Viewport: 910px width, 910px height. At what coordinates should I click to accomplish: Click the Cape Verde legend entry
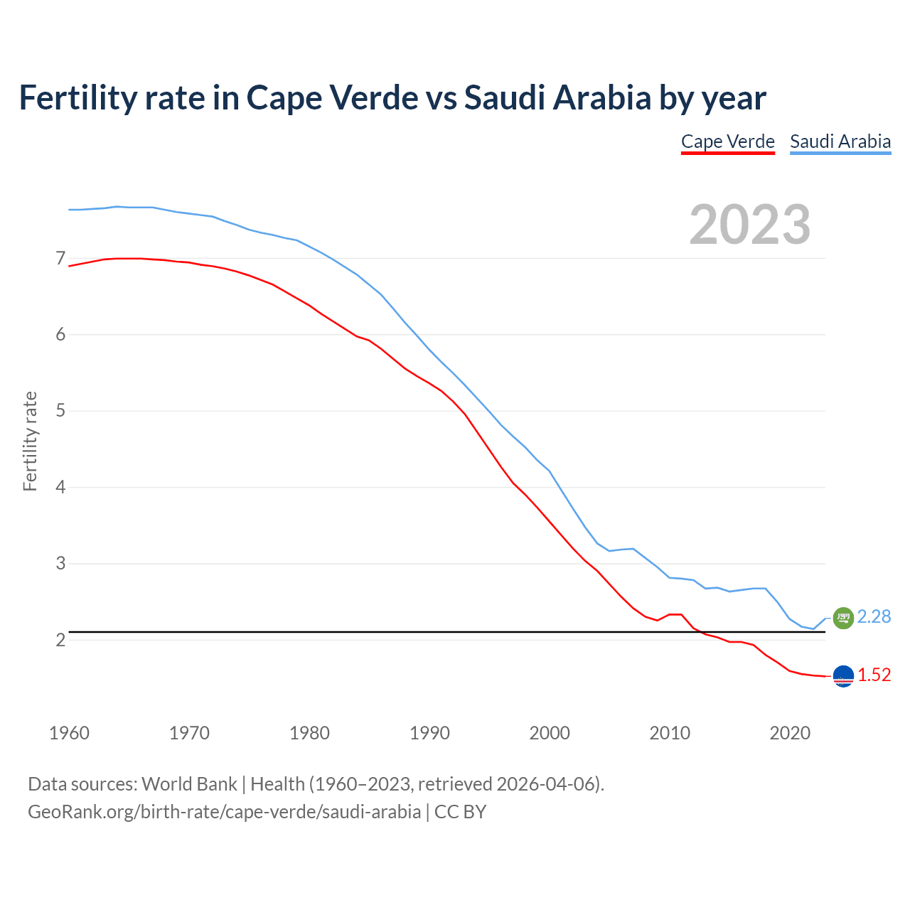point(727,141)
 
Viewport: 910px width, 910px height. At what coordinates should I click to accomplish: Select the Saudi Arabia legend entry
point(840,141)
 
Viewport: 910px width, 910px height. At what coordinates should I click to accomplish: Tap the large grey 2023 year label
point(749,225)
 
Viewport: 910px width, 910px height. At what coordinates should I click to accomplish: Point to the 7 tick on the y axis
point(60,258)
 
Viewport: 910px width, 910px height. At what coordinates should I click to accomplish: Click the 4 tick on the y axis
point(60,487)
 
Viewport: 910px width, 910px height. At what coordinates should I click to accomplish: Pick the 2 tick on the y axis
point(60,640)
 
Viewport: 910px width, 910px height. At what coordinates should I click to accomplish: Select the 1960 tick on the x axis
point(69,733)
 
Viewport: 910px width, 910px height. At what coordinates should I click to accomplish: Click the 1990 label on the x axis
point(429,733)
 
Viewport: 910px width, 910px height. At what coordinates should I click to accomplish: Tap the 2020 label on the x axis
point(790,733)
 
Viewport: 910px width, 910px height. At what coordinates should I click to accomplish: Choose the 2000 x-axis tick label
point(550,733)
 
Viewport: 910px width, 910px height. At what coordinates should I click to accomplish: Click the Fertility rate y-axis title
point(30,441)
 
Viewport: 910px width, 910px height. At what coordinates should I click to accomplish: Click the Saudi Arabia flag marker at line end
point(842,618)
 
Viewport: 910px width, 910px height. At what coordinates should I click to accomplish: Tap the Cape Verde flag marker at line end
point(842,676)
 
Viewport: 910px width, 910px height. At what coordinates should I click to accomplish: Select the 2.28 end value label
point(874,617)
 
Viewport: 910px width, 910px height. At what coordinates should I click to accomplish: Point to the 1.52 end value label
point(874,675)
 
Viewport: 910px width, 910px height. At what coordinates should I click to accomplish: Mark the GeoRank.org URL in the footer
point(224,812)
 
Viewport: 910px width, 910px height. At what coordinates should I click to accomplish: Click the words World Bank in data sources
point(189,784)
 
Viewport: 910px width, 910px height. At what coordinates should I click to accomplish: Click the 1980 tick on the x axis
point(309,733)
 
